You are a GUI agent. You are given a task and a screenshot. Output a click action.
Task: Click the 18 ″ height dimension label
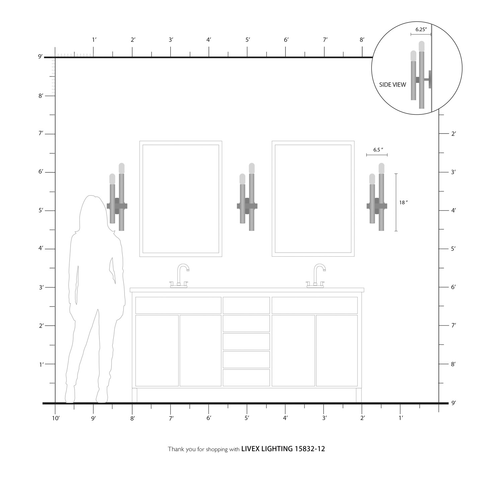click(403, 202)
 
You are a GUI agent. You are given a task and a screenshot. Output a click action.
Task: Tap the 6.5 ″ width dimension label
click(378, 150)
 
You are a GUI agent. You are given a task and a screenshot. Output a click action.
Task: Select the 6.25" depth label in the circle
click(421, 29)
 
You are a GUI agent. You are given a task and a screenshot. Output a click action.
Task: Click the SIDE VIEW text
click(393, 85)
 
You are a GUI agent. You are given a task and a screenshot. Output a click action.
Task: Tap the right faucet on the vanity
click(316, 276)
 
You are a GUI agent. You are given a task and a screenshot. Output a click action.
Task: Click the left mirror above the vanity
click(181, 199)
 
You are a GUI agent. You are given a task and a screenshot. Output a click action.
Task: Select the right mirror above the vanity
click(313, 199)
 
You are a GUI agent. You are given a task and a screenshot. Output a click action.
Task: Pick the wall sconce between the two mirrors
click(247, 197)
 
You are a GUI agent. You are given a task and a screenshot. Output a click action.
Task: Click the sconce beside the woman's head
click(117, 197)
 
